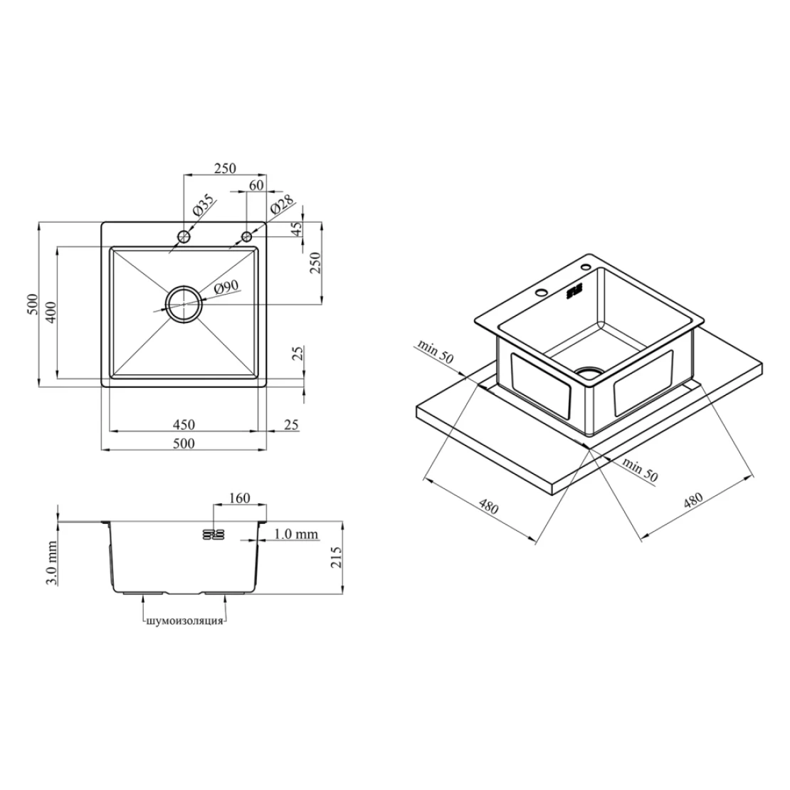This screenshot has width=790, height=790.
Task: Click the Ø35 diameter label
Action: tap(203, 206)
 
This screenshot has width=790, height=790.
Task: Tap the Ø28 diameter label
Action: tap(282, 207)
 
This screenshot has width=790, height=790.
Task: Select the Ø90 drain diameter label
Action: tap(226, 288)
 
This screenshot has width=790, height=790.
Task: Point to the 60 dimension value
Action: tap(256, 185)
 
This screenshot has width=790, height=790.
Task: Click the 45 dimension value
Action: tap(297, 229)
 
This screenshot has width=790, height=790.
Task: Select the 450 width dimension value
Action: tap(184, 424)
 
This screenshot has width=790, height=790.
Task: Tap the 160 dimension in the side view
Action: tap(239, 497)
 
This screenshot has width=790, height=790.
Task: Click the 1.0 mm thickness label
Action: tap(296, 534)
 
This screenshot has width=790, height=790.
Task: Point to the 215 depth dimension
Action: tap(335, 557)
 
